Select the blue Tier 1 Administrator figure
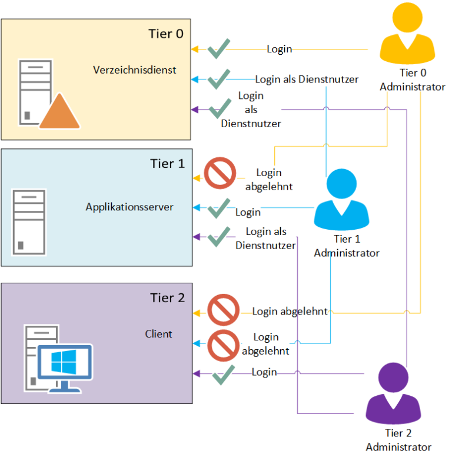tap(341, 200)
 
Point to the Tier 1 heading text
tap(167, 163)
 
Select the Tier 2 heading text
tap(167, 298)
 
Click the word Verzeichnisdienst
tap(135, 70)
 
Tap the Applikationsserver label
tap(129, 207)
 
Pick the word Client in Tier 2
tap(158, 334)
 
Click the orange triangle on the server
tap(59, 112)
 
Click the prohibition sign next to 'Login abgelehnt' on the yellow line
tap(224, 310)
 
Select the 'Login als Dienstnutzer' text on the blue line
tap(307, 79)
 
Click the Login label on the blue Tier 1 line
tap(248, 211)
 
